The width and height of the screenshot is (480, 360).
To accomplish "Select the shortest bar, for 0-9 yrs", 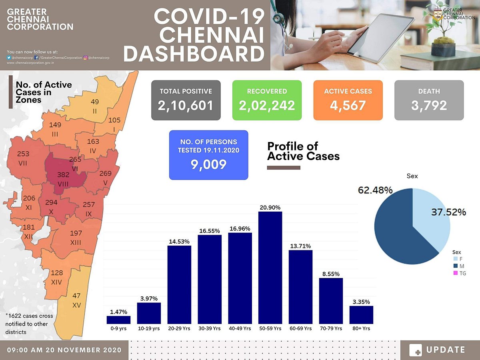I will (119, 320).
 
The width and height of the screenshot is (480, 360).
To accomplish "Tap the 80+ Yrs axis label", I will (361, 328).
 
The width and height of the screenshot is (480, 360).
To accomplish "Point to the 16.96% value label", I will (240, 229).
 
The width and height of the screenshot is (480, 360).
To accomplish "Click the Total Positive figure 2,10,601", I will (186, 105).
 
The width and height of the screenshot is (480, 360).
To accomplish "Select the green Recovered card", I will (267, 100).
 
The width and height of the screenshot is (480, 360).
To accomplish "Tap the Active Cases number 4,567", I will (348, 105).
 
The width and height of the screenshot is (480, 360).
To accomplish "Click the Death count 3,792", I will (429, 105).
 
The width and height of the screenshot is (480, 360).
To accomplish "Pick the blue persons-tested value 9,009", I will (208, 164).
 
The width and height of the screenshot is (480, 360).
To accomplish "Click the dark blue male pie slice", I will (400, 232).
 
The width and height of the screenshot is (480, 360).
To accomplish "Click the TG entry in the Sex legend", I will (462, 273).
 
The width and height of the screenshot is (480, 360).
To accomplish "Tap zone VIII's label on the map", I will (63, 178).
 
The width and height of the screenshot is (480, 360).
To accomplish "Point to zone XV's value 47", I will (76, 296).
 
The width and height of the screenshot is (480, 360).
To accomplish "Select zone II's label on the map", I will (95, 106).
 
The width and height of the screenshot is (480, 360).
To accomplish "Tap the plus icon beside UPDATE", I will (416, 350).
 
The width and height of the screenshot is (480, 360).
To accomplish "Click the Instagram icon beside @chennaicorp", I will (86, 58).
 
